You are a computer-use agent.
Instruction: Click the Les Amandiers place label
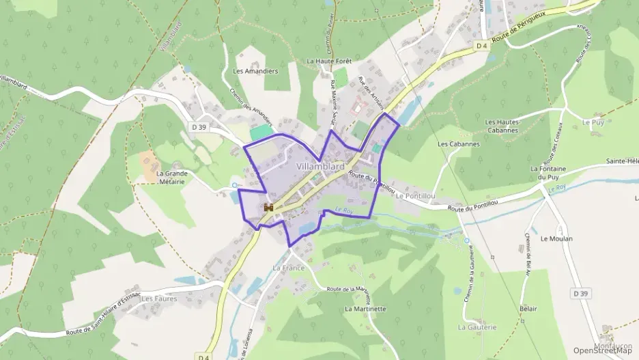[255, 71]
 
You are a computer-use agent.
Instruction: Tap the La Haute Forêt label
[329, 61]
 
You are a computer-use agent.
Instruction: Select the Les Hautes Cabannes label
[502, 126]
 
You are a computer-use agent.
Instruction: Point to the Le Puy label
[593, 122]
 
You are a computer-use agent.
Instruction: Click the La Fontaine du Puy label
[549, 173]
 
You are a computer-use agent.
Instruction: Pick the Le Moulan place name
[556, 239]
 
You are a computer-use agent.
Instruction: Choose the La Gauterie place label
[477, 327]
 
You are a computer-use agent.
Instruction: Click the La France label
[288, 268]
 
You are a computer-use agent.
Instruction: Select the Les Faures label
[159, 299]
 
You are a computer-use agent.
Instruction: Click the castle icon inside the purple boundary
[269, 207]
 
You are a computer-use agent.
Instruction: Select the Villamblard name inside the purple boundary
[320, 166]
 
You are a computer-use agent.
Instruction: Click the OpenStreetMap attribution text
[603, 350]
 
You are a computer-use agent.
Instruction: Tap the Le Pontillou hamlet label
[415, 195]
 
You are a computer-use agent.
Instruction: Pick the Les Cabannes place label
[459, 144]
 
